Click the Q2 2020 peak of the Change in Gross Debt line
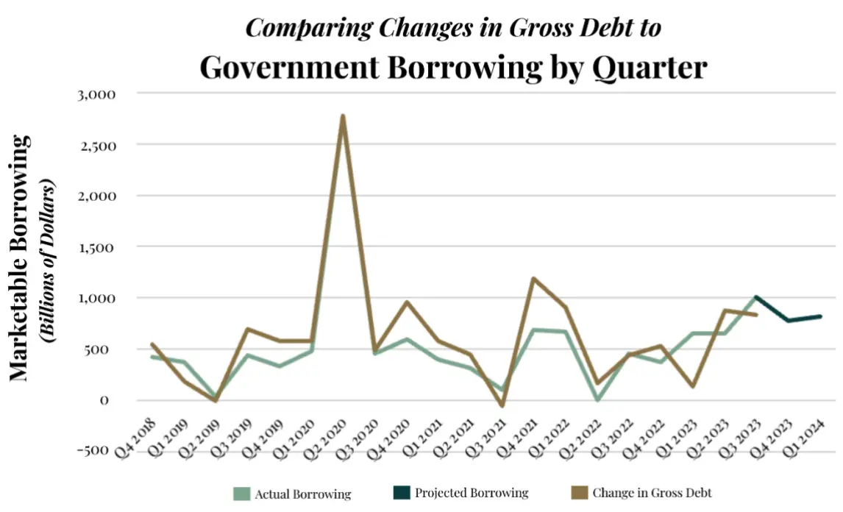(343, 116)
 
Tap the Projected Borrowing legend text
(472, 493)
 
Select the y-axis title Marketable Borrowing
(21, 257)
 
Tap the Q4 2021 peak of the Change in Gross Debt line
(533, 279)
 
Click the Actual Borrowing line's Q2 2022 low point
(597, 399)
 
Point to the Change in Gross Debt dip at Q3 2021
(501, 405)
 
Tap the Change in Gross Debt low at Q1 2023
(694, 386)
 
